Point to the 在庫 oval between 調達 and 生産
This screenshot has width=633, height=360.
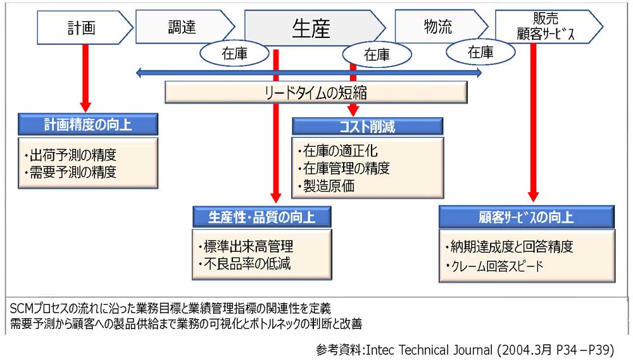pyautogui.click(x=235, y=53)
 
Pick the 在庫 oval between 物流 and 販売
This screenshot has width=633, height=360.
pyautogui.click(x=480, y=52)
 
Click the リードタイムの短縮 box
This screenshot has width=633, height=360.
pyautogui.click(x=316, y=93)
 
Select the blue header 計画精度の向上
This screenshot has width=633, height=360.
pyautogui.click(x=88, y=124)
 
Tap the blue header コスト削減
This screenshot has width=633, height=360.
pyautogui.click(x=367, y=127)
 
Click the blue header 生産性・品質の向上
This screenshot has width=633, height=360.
pyautogui.click(x=262, y=217)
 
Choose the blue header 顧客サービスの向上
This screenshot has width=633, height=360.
pyautogui.click(x=527, y=217)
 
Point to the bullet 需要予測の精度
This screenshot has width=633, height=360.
pyautogui.click(x=71, y=172)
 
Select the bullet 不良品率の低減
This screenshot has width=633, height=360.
pyautogui.click(x=244, y=264)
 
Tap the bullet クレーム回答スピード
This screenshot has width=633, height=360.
pyautogui.click(x=494, y=266)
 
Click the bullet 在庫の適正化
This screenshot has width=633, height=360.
pyautogui.click(x=338, y=151)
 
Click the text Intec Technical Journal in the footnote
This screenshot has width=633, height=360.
pyautogui.click(x=429, y=349)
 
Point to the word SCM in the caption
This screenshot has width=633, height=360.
pyautogui.click(x=22, y=308)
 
